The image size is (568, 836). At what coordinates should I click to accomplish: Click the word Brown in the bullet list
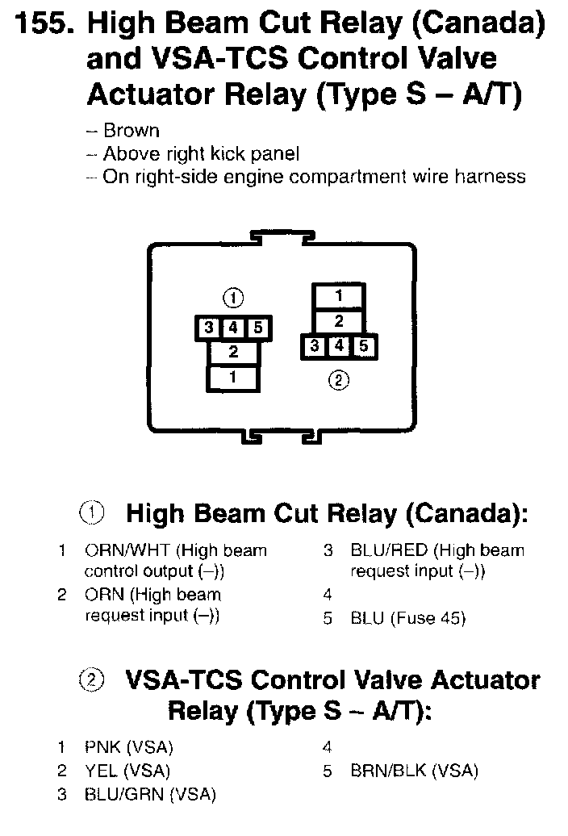point(132,131)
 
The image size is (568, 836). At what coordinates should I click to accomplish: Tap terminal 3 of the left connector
point(208,328)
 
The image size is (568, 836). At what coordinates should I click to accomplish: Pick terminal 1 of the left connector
point(233,377)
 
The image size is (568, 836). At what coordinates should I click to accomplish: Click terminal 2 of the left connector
point(233,353)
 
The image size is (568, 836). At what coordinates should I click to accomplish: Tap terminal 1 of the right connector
point(339,296)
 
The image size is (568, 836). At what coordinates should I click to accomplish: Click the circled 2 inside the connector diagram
point(339,380)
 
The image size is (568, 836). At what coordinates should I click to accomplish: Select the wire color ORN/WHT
point(127,551)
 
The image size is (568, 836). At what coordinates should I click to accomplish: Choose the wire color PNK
point(102,747)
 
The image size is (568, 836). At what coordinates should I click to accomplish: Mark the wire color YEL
point(101,771)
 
